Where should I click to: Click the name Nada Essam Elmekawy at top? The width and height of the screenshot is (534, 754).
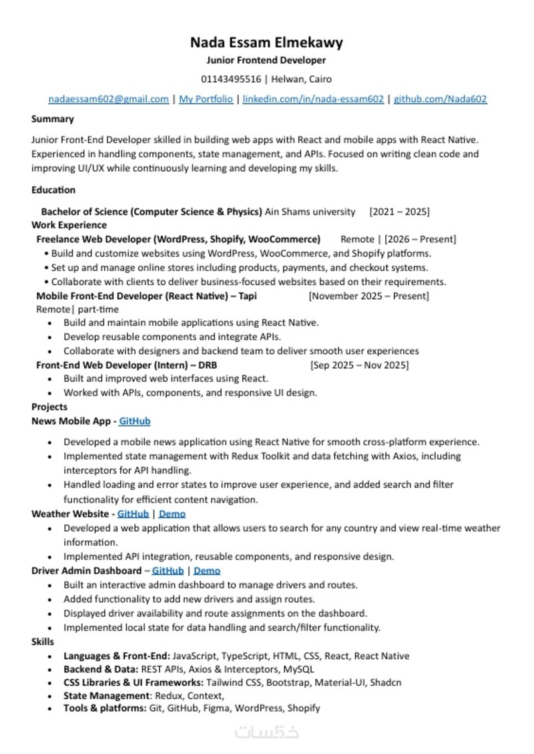click(x=266, y=43)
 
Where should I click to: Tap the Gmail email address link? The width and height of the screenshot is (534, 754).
click(x=108, y=100)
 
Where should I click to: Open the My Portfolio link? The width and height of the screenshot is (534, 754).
click(x=206, y=100)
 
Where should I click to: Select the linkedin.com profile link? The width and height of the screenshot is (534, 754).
click(x=313, y=100)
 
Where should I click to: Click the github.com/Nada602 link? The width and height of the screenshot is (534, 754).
click(x=441, y=100)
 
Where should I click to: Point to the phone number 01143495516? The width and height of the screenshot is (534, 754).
click(x=231, y=79)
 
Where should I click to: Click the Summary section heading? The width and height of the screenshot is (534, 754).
click(x=53, y=120)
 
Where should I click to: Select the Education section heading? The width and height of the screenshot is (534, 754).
click(x=53, y=190)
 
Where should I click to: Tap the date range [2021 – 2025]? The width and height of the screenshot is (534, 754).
click(x=399, y=212)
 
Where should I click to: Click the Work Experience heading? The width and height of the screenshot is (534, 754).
click(x=69, y=225)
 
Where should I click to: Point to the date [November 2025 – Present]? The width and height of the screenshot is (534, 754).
click(x=368, y=296)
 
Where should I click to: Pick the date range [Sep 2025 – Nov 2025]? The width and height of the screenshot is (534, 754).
click(x=359, y=365)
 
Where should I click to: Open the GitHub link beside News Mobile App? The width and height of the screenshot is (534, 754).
click(x=135, y=421)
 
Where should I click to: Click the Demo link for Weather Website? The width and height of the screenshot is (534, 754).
click(x=172, y=514)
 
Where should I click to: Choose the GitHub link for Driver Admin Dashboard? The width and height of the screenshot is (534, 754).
click(x=168, y=571)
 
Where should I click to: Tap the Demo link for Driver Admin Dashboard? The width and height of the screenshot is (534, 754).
click(x=207, y=571)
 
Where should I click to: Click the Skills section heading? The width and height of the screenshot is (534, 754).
click(x=43, y=642)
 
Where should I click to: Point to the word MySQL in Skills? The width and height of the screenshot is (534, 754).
click(x=298, y=669)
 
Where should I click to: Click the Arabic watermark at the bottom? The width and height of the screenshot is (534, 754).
click(x=266, y=731)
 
